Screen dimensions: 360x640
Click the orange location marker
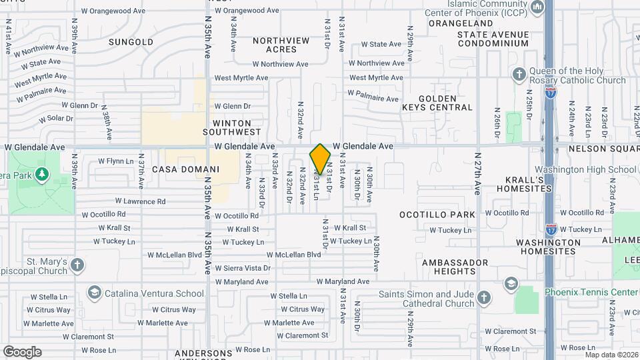pyautogui.click(x=320, y=159)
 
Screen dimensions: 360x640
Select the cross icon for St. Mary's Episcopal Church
pyautogui.click(x=77, y=265)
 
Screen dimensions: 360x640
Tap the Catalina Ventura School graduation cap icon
pyautogui.click(x=94, y=293)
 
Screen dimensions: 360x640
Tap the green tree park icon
pyautogui.click(x=42, y=174)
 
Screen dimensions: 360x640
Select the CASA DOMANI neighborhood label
pyautogui.click(x=177, y=169)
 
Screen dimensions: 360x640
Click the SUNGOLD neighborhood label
pyautogui.click(x=131, y=42)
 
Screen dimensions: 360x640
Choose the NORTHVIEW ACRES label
pyautogui.click(x=281, y=45)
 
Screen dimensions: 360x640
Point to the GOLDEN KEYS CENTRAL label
pyautogui.click(x=437, y=103)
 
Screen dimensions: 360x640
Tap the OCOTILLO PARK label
pyautogui.click(x=437, y=215)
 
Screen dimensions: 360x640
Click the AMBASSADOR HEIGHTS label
pyautogui.click(x=449, y=267)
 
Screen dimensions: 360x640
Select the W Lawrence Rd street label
pyautogui.click(x=140, y=201)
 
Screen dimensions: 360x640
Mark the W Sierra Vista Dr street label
pyautogui.click(x=243, y=268)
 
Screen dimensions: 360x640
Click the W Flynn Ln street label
pyautogui.click(x=116, y=161)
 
